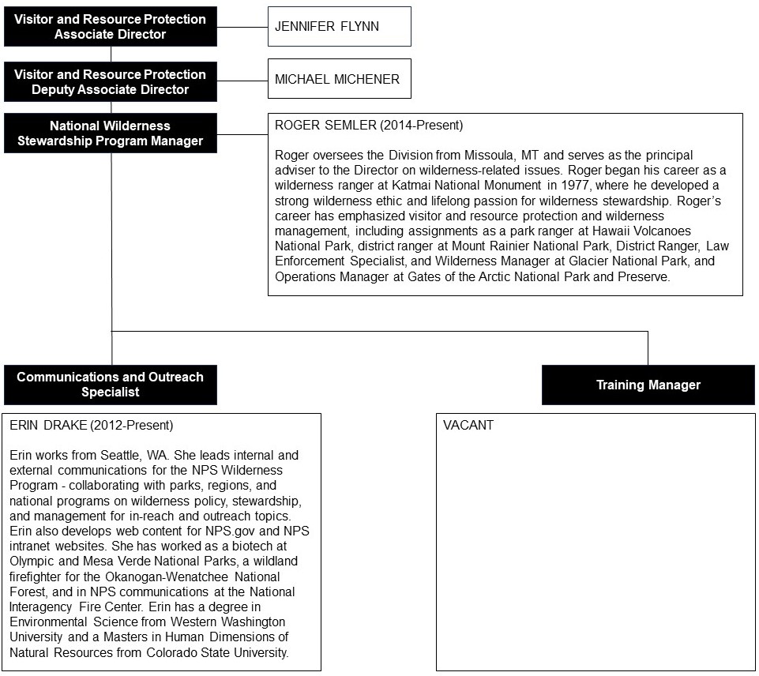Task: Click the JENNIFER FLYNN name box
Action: tap(339, 26)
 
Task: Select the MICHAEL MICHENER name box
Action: tap(339, 79)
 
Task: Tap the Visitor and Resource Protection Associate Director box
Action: tap(110, 27)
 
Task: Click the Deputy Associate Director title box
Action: tap(110, 82)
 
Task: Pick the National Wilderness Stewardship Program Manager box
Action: tap(110, 133)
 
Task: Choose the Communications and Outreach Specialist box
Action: tap(110, 385)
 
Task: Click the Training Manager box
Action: tap(648, 385)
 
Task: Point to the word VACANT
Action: tap(468, 426)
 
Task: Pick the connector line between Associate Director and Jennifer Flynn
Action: tap(242, 27)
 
